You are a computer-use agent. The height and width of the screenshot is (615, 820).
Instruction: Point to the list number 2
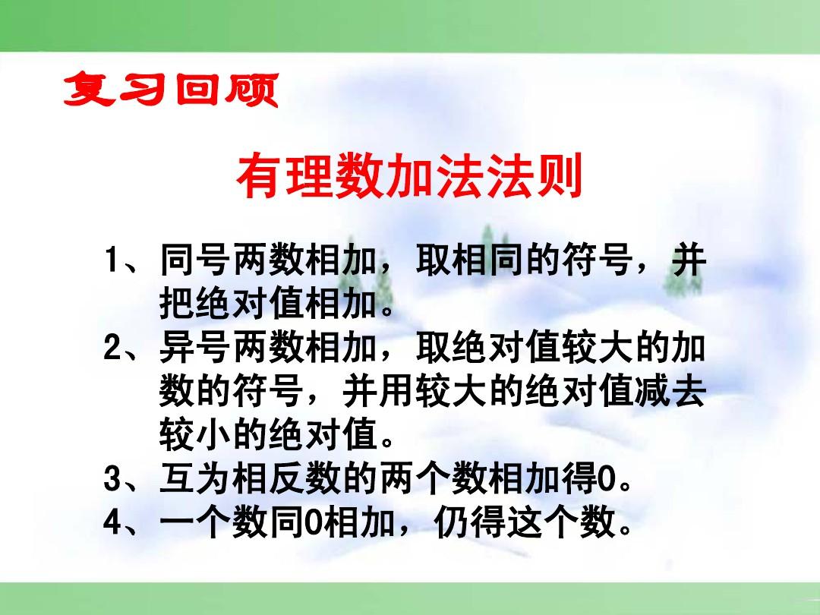click(x=111, y=349)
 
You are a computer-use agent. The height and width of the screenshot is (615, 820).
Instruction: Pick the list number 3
click(x=111, y=481)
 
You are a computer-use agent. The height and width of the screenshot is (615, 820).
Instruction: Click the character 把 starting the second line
click(x=176, y=305)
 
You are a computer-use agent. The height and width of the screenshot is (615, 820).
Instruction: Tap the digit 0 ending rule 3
click(x=606, y=481)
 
